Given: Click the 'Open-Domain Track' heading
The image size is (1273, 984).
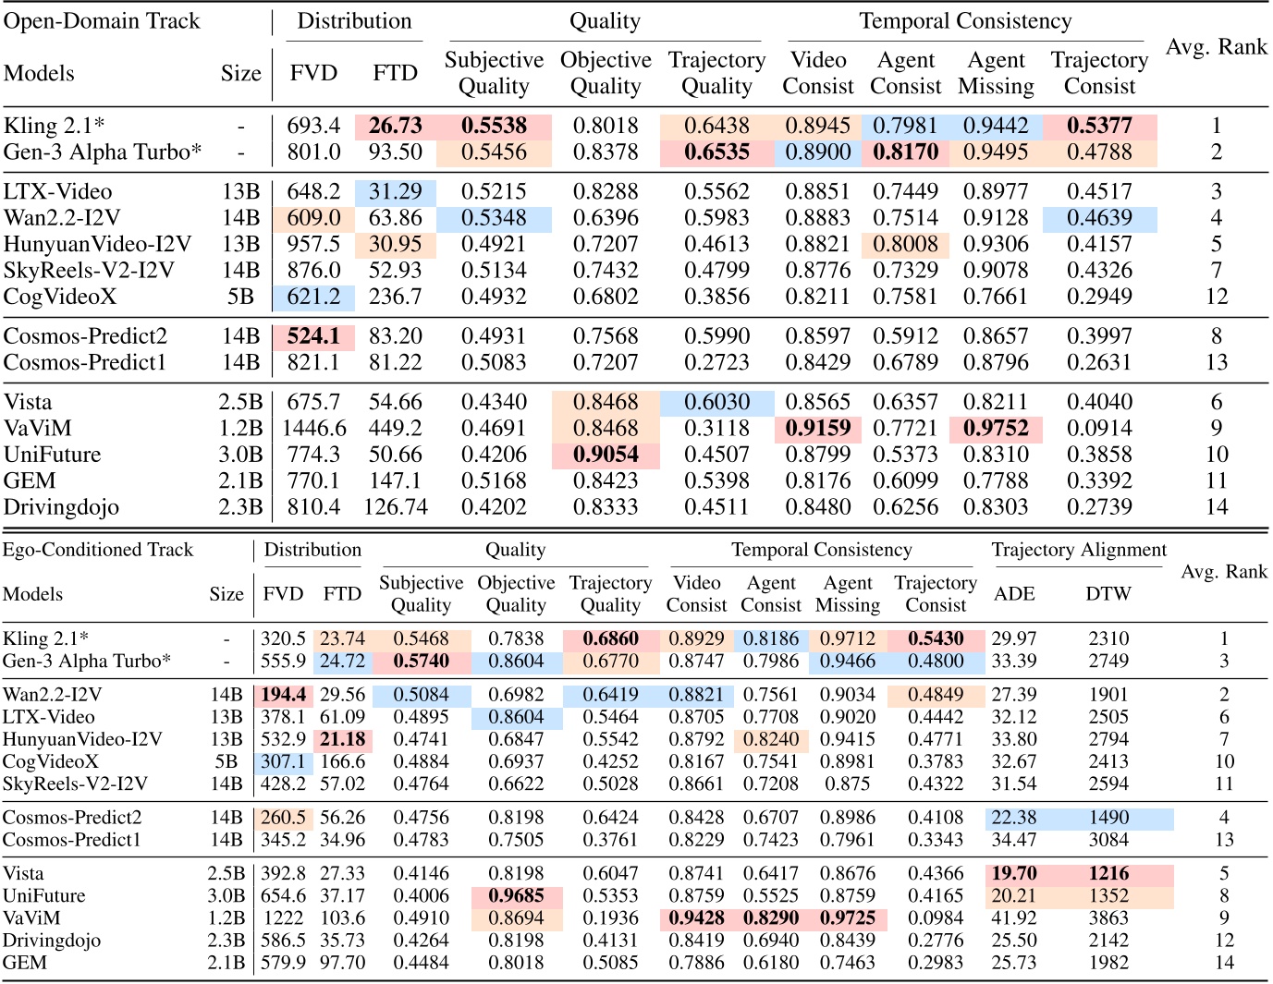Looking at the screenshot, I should click(x=102, y=21).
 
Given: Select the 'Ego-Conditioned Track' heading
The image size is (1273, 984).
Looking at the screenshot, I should click(x=98, y=550).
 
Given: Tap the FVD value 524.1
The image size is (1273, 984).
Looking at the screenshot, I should click(x=313, y=336).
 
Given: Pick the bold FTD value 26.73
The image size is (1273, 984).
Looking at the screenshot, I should click(x=395, y=126).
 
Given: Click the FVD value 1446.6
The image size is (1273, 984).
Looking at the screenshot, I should click(x=313, y=428).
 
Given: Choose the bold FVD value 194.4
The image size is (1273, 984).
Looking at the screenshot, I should click(x=283, y=695).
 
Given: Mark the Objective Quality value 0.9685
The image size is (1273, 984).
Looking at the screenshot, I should click(x=516, y=895).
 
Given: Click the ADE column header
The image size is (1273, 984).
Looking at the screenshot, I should click(x=1014, y=594).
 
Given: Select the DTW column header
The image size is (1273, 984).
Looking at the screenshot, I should click(x=1108, y=594).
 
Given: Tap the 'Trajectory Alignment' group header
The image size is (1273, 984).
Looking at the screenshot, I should click(x=1079, y=551).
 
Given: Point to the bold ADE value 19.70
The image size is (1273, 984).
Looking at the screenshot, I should click(x=1014, y=873).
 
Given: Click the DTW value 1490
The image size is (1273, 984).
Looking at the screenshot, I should click(x=1108, y=818).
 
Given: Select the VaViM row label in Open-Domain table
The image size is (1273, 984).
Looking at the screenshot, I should click(x=38, y=428).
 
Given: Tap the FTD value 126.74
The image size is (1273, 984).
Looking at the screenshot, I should click(x=395, y=507).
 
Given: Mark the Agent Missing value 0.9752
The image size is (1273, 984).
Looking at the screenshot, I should click(x=996, y=428).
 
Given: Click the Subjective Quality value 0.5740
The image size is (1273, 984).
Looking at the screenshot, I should click(x=421, y=662).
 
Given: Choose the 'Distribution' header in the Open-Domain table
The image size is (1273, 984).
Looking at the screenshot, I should click(x=354, y=21).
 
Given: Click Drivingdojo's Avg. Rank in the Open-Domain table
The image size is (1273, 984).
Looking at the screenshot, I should click(x=1216, y=507).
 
